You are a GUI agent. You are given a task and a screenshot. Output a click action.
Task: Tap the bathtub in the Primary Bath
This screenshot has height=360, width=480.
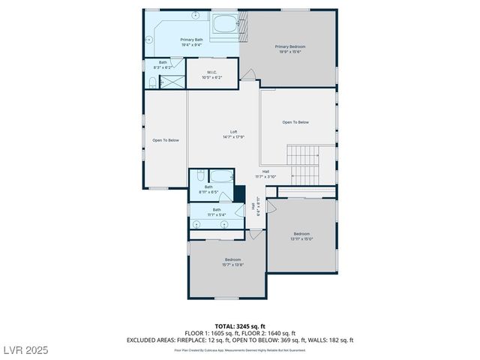click(224, 24)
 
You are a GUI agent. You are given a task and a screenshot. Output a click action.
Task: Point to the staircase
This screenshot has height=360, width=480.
click(304, 165)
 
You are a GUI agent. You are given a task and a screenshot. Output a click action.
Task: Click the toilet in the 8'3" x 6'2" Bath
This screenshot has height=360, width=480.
click(152, 81)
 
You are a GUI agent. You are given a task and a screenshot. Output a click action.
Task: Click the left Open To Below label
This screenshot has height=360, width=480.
click(165, 140)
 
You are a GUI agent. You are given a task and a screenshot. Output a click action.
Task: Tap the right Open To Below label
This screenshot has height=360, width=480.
click(295, 122)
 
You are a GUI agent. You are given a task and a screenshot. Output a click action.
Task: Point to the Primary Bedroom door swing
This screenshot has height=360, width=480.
click(251, 75)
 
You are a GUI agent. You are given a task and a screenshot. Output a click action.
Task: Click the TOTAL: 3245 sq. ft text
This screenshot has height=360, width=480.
click(239, 326)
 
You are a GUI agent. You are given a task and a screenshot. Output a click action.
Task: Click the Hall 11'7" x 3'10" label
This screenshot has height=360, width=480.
click(265, 173)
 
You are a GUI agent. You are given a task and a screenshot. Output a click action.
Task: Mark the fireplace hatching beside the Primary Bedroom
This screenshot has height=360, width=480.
click(244, 24)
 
